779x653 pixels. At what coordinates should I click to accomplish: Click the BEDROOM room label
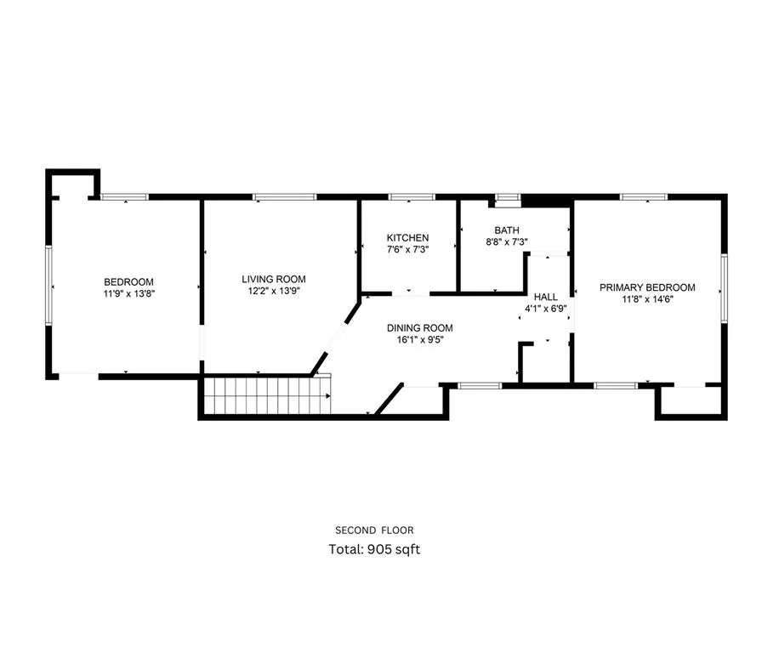pyautogui.click(x=128, y=282)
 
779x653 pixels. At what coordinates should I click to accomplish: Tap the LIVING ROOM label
pyautogui.click(x=273, y=279)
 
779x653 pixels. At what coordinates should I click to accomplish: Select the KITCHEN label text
pyautogui.click(x=407, y=238)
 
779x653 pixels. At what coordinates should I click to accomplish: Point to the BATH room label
pyautogui.click(x=507, y=230)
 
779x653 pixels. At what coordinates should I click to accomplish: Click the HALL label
pyautogui.click(x=545, y=297)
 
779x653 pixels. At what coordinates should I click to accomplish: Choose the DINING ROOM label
pyautogui.click(x=419, y=328)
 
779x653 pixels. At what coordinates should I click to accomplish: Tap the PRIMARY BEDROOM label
pyautogui.click(x=646, y=287)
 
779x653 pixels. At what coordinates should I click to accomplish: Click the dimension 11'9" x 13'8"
pyautogui.click(x=128, y=294)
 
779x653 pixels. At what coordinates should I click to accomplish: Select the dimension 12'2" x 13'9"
pyautogui.click(x=273, y=291)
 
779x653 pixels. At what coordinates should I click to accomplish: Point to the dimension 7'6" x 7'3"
pyautogui.click(x=407, y=250)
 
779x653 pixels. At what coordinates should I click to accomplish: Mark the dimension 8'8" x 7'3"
pyautogui.click(x=507, y=241)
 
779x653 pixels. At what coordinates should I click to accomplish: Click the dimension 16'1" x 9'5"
pyautogui.click(x=419, y=340)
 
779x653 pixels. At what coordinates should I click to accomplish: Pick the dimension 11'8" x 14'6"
pyautogui.click(x=646, y=299)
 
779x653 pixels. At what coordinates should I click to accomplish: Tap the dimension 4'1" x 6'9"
pyautogui.click(x=545, y=309)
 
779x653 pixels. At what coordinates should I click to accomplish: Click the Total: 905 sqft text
pyautogui.click(x=374, y=549)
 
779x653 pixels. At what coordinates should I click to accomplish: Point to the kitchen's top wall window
pyautogui.click(x=412, y=197)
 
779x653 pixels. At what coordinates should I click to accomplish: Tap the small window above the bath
pyautogui.click(x=508, y=198)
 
